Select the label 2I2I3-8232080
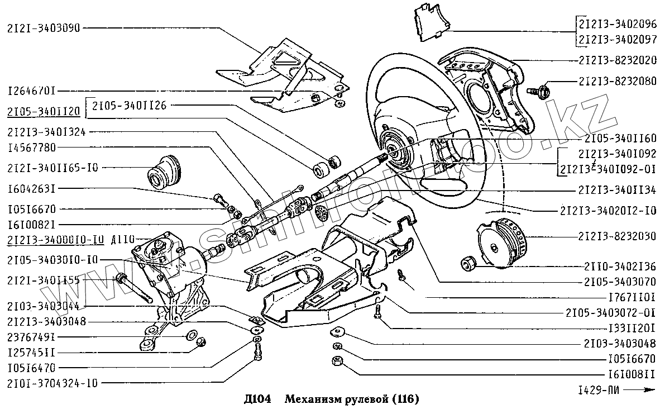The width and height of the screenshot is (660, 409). (x=617, y=80)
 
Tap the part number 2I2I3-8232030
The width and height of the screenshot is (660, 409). (x=617, y=236)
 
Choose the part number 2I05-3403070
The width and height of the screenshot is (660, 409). (x=617, y=282)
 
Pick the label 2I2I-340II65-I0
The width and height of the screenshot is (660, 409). (x=52, y=167)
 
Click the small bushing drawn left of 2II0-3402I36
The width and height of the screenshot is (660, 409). (x=467, y=262)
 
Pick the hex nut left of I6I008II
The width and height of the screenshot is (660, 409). (x=337, y=361)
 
